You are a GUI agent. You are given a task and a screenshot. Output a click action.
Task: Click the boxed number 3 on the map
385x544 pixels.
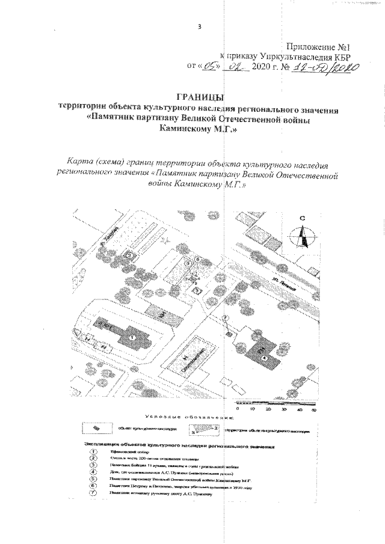pyautogui.click(x=198, y=290)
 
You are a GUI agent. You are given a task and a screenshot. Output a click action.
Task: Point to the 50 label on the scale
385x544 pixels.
pyautogui.click(x=313, y=409)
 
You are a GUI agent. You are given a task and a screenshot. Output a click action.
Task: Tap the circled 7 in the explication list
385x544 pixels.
pyautogui.click(x=93, y=493)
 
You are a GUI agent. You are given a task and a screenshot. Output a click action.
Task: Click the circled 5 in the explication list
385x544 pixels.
pyautogui.click(x=93, y=479)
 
